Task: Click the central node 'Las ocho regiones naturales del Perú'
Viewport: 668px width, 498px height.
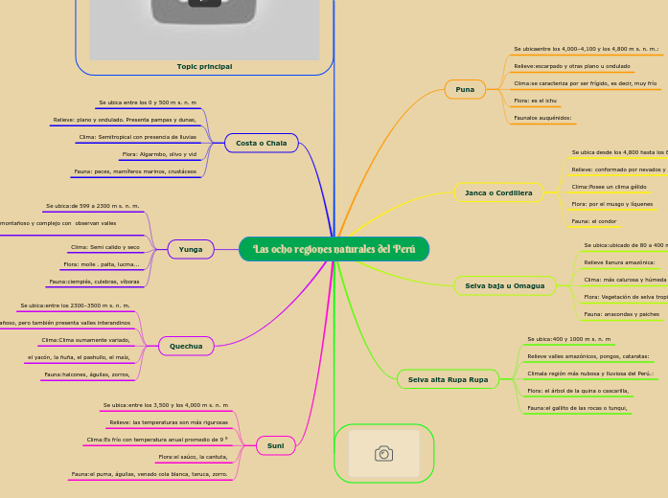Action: (334, 249)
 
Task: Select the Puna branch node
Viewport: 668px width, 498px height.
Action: (465, 89)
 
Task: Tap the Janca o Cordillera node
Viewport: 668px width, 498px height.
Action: (498, 192)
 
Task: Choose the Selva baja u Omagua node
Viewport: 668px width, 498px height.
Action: (504, 285)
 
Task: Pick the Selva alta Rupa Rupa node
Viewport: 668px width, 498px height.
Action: (448, 379)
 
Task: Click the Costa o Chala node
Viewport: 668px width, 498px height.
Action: (261, 143)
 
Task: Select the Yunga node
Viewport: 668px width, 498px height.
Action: (191, 249)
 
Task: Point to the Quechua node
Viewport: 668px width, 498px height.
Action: (186, 345)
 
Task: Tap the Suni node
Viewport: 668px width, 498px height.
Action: (275, 445)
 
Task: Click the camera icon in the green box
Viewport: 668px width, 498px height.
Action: (383, 453)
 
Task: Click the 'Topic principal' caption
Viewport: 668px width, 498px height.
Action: (204, 66)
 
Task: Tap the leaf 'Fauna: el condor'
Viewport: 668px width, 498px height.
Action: (593, 221)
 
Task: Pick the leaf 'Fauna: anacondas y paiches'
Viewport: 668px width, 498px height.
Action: (621, 313)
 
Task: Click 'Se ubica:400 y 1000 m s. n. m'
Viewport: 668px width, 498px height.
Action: (568, 339)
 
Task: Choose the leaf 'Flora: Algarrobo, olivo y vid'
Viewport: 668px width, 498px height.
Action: (159, 153)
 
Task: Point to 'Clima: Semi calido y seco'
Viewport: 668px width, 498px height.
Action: (105, 247)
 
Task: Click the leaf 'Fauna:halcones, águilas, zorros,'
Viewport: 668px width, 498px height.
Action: (87, 374)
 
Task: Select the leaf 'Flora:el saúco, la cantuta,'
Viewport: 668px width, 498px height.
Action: (193, 457)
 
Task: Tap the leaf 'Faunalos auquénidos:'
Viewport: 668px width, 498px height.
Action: (543, 118)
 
